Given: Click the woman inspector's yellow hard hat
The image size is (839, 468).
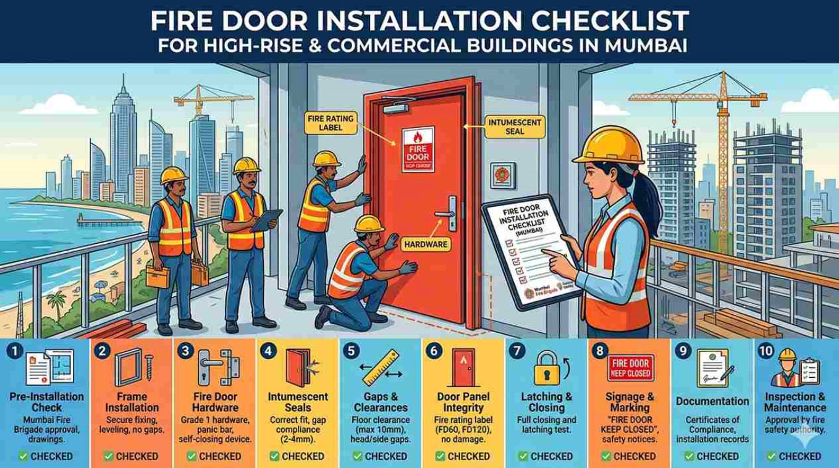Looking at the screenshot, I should (606, 143).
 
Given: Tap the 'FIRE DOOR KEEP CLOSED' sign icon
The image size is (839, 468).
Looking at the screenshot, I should (630, 367).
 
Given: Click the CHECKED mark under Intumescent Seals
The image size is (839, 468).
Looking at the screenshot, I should (297, 456).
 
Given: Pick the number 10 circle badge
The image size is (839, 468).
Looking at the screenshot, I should (765, 351).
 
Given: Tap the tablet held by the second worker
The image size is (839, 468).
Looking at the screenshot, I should (268, 220).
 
